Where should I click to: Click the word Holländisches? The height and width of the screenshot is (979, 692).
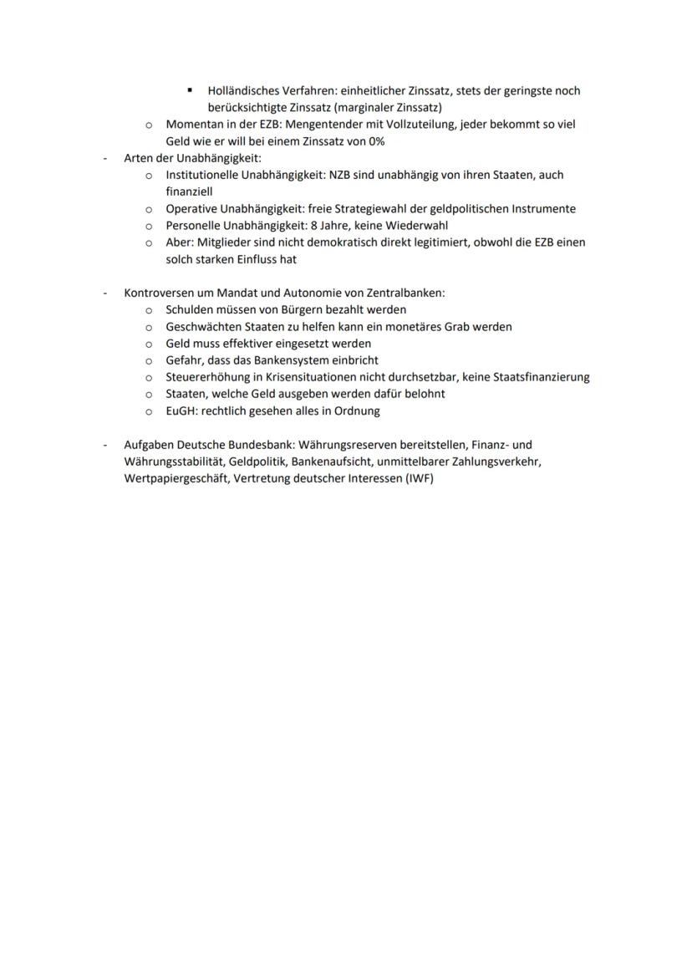[243, 90]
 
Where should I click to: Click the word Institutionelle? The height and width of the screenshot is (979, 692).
[201, 175]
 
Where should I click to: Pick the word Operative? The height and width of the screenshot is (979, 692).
[191, 209]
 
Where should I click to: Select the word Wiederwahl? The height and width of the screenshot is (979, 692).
[417, 226]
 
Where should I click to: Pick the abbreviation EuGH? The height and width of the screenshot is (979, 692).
[181, 410]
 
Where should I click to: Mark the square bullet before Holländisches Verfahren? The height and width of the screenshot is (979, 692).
[190, 89]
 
